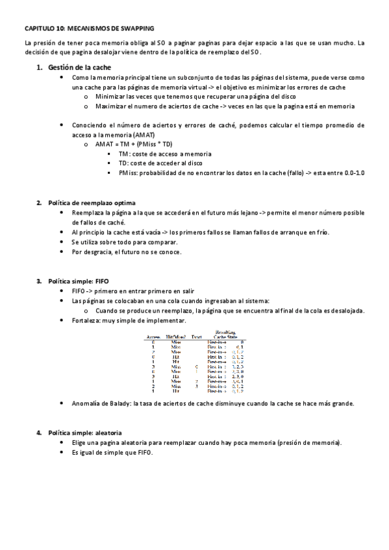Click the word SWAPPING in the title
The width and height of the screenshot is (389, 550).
(x=137, y=29)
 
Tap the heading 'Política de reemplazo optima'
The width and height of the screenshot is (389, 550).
(x=92, y=202)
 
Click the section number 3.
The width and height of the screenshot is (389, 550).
(x=39, y=281)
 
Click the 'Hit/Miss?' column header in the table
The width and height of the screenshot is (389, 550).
(x=177, y=337)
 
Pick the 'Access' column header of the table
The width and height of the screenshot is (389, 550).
(x=154, y=337)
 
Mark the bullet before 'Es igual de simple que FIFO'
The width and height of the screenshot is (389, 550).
(x=61, y=452)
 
